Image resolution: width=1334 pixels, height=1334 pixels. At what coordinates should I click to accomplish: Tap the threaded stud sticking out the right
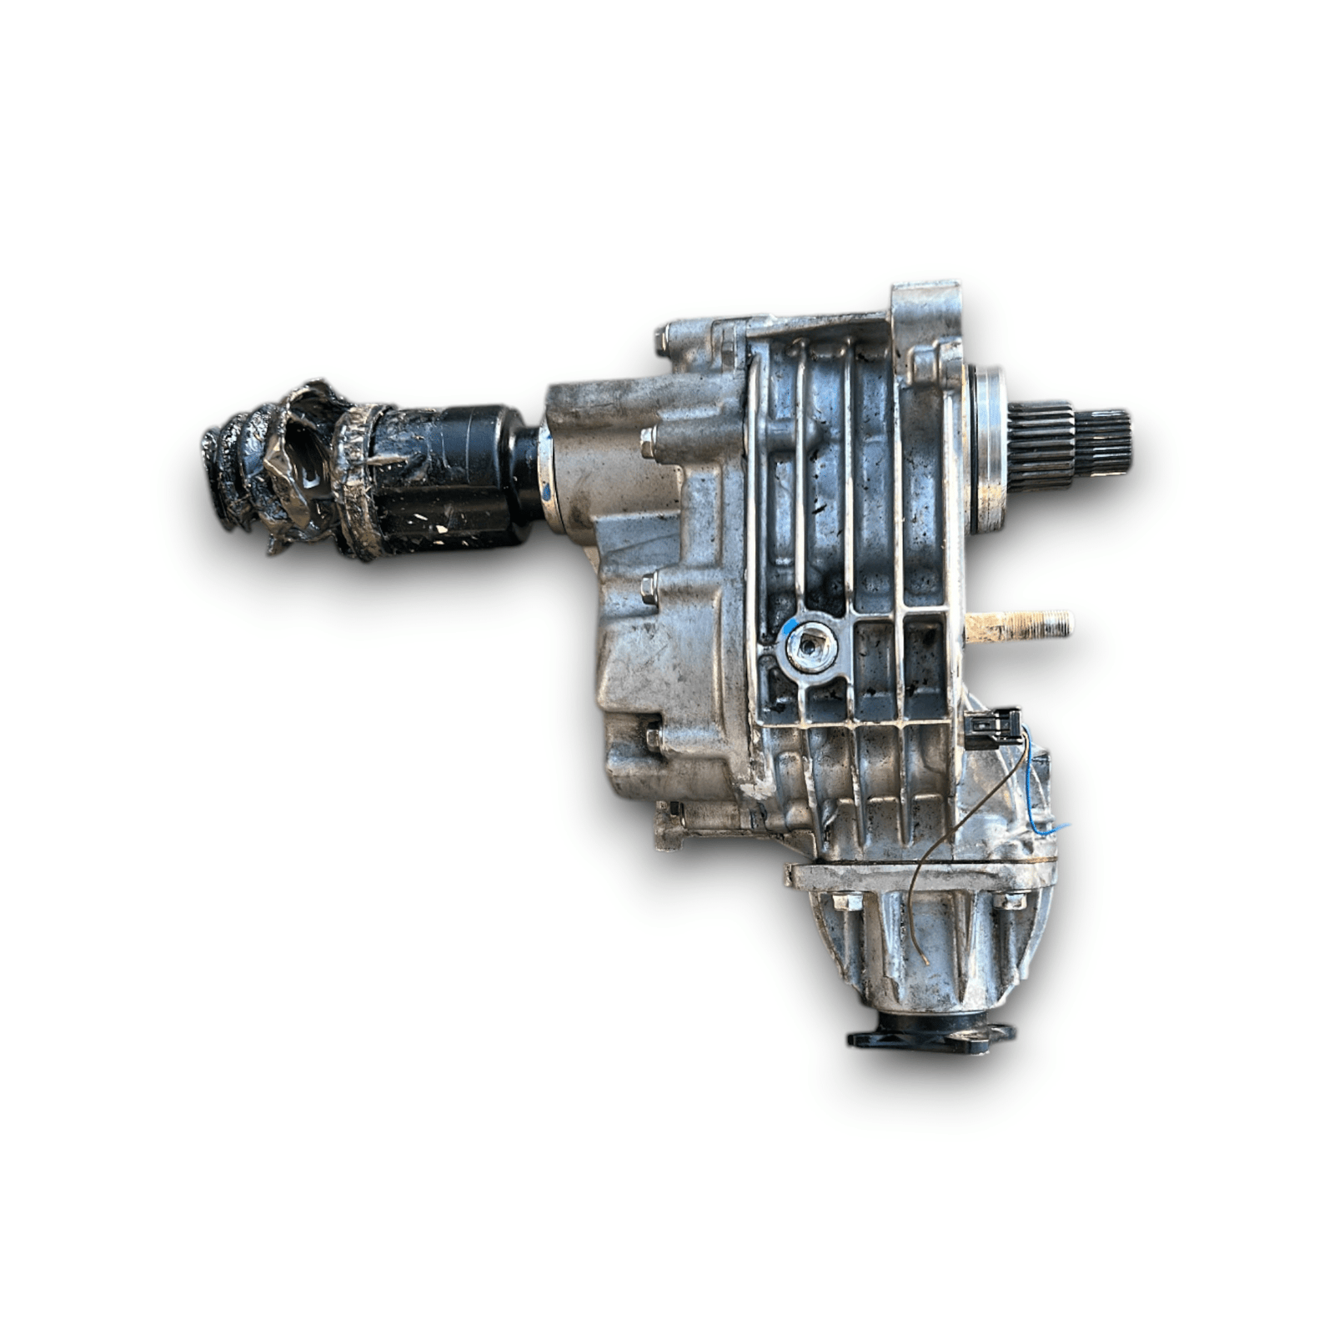click(x=1021, y=625)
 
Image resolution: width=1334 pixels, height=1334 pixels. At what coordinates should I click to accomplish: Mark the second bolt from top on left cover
click(x=649, y=441)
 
